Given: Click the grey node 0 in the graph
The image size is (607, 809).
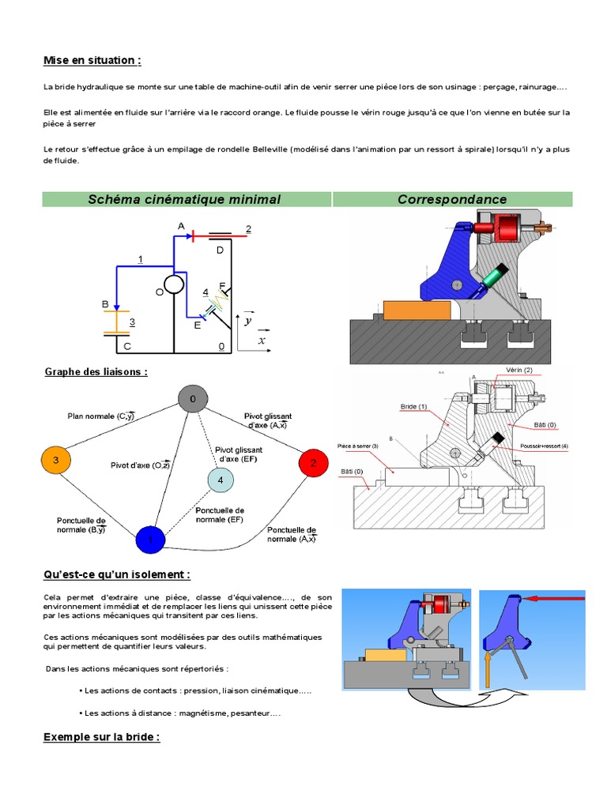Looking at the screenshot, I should point(192,400).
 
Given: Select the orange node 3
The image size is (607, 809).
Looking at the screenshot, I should point(56,460).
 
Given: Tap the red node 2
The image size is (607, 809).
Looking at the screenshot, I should point(313,464).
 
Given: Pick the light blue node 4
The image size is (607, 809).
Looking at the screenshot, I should point(221,480).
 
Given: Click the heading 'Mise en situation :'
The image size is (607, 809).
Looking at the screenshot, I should point(92,61).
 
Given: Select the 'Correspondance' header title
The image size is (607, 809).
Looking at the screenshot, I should point(452,199).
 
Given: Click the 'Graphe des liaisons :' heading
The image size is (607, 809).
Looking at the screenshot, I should point(96,371).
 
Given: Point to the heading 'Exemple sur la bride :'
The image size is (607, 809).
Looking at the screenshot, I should point(101,737).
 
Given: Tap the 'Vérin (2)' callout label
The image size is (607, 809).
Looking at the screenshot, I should point(519,371).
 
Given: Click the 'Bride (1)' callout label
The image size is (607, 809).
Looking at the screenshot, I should point(413,407).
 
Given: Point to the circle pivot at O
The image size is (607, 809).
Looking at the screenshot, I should point(174,284).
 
